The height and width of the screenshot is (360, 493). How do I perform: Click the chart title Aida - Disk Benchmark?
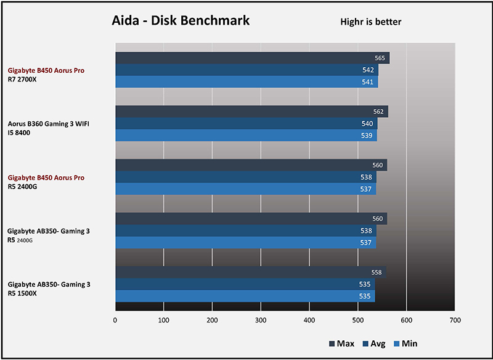coord(181,20)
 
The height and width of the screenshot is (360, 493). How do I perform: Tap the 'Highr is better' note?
coord(371,22)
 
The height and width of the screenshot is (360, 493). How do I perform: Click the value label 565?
coord(380,58)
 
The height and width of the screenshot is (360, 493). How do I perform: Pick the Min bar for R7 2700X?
coord(246,81)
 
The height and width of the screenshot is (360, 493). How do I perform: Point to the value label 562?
coord(378,112)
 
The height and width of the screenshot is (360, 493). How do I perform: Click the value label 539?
coord(367,136)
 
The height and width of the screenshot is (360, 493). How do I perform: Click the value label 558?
coord(377,272)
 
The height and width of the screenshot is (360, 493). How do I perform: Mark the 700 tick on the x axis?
coord(455,321)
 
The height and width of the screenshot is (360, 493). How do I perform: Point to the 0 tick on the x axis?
coord(115,321)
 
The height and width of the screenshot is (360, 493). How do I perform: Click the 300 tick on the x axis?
coord(261,321)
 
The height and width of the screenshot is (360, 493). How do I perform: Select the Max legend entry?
coord(340,343)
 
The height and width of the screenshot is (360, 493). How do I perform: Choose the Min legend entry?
coord(407,343)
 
